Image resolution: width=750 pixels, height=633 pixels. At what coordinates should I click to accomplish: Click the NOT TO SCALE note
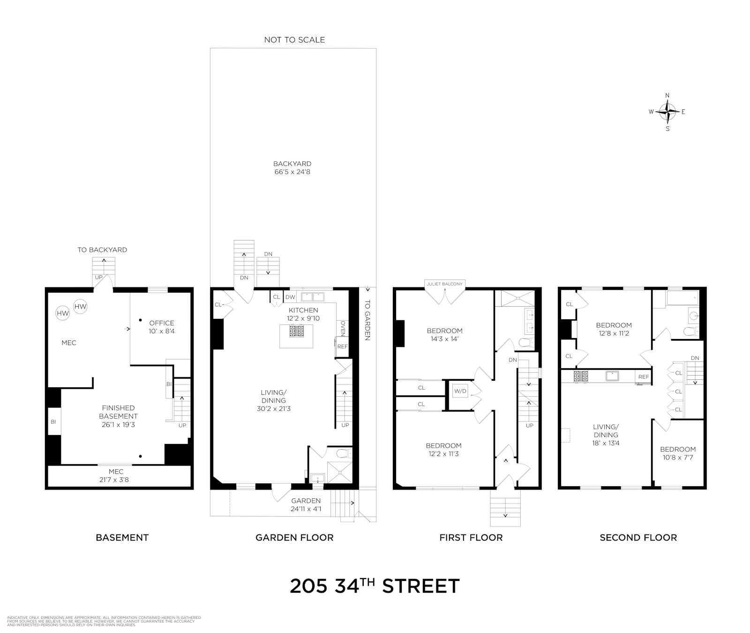[x=294, y=40]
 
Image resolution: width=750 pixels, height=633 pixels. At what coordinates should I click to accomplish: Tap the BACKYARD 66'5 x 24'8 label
[x=292, y=168]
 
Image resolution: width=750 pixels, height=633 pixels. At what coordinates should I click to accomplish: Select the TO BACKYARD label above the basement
[x=102, y=250]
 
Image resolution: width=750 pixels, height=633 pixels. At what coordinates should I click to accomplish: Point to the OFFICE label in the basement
[x=162, y=327]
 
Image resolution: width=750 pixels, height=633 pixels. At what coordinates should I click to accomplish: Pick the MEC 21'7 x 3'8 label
[x=116, y=475]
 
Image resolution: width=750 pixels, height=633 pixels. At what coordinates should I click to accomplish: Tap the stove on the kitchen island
[x=296, y=331]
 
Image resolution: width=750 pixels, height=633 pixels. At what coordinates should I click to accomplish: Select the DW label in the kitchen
[x=290, y=297]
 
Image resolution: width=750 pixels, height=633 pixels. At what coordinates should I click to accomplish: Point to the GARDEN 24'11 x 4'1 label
[x=306, y=505]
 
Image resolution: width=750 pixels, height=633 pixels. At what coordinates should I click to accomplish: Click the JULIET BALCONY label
[x=444, y=284]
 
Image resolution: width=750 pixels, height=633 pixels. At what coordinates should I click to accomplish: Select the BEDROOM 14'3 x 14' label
[x=444, y=335]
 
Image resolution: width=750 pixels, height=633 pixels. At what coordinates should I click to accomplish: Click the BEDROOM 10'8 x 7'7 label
[x=678, y=453]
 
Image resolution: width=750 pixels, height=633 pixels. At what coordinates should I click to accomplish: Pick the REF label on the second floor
[x=643, y=377]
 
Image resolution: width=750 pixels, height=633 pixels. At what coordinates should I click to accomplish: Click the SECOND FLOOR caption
[x=638, y=538]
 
